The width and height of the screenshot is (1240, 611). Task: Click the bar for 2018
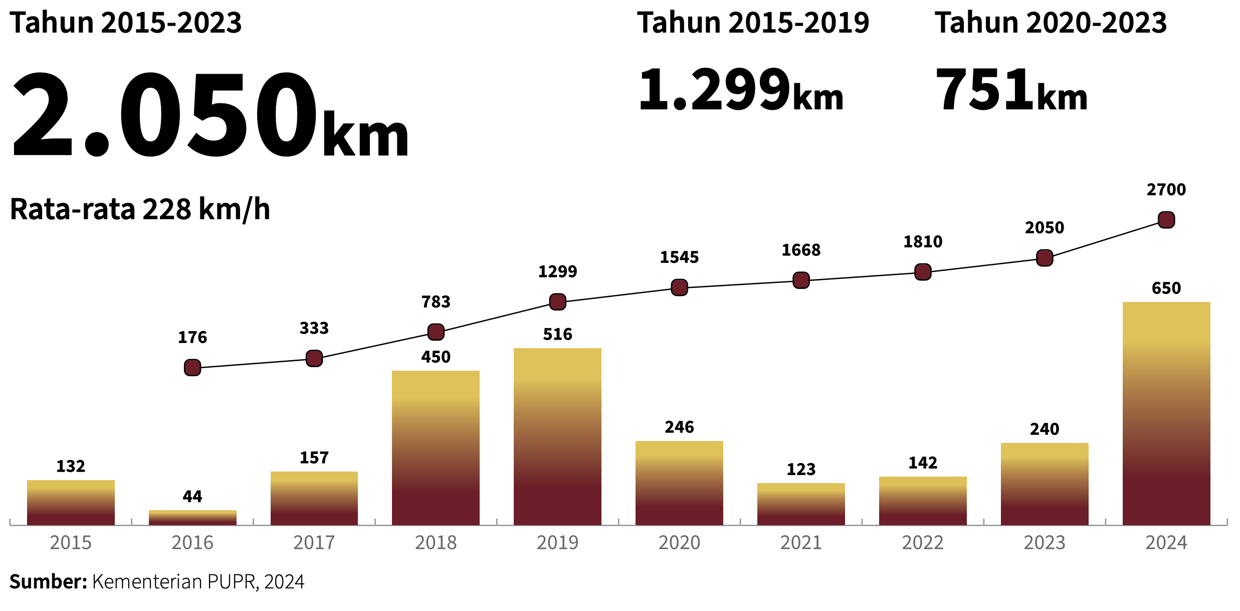point(436,447)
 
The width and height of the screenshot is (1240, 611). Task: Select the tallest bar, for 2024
point(1166,413)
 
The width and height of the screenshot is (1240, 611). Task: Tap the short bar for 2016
point(192,518)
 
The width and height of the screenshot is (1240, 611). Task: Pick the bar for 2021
point(801,504)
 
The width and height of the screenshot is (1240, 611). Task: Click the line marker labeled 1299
point(557,301)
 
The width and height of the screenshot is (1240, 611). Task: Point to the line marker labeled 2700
point(1166,220)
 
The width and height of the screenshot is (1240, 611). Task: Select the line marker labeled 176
point(192,367)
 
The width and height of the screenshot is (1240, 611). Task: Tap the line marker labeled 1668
point(801,280)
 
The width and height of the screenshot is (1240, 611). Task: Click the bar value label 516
point(557,334)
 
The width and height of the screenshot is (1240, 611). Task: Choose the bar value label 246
point(679,427)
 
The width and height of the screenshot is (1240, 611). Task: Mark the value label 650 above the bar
point(1166,288)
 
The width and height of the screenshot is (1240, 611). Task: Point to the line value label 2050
point(1045,228)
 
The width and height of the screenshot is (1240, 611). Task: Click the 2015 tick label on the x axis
point(71,543)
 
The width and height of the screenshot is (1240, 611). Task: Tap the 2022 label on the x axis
point(923,543)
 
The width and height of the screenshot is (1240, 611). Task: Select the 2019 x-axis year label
point(557,543)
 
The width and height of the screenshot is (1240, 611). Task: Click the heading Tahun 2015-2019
point(753,23)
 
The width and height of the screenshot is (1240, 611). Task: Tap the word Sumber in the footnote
point(48,582)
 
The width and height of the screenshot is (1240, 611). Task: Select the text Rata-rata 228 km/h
point(140,209)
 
